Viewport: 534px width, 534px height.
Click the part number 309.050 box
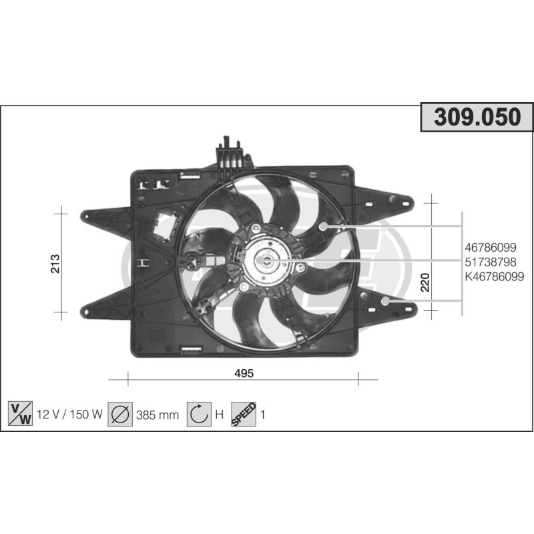pyautogui.click(x=477, y=117)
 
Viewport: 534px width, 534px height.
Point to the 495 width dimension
pyautogui.click(x=244, y=373)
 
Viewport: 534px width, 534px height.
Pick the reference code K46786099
pyautogui.click(x=494, y=276)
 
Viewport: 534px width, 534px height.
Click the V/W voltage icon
pyautogui.click(x=19, y=415)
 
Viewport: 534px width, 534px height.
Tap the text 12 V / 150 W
pyautogui.click(x=69, y=415)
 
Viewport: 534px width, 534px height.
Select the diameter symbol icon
pyautogui.click(x=120, y=415)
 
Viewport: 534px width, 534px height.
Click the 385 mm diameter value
pyautogui.click(x=158, y=415)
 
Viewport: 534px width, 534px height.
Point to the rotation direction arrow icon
pyautogui.click(x=198, y=415)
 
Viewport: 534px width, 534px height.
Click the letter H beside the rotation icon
pyautogui.click(x=218, y=415)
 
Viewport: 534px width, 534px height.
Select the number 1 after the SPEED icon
pyautogui.click(x=263, y=415)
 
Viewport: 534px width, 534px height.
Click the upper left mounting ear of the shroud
pyautogui.click(x=100, y=217)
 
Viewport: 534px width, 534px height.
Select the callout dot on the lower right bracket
pyautogui.click(x=385, y=301)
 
